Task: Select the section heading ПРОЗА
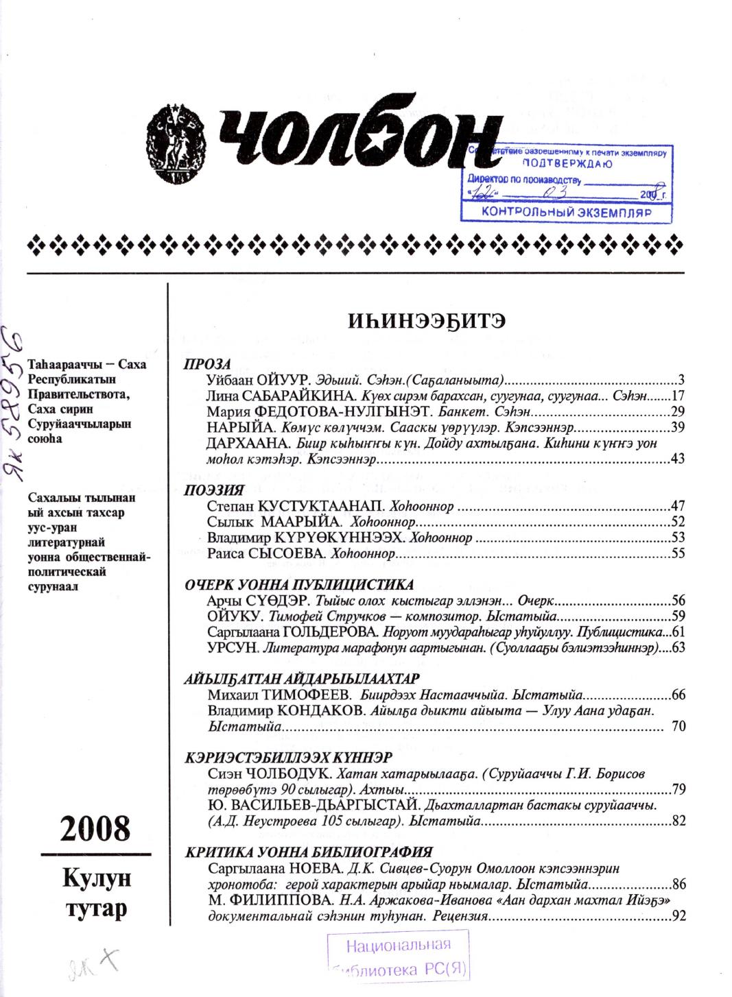tap(208, 365)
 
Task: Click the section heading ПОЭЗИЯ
tap(215, 490)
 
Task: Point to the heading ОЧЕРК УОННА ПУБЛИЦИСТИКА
tap(300, 585)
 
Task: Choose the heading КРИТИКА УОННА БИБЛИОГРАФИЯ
tap(309, 852)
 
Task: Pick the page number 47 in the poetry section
tap(678, 507)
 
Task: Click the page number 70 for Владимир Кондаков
tap(678, 726)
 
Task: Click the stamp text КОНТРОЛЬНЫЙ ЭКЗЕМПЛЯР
tap(566, 213)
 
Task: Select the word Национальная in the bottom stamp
tap(398, 947)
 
